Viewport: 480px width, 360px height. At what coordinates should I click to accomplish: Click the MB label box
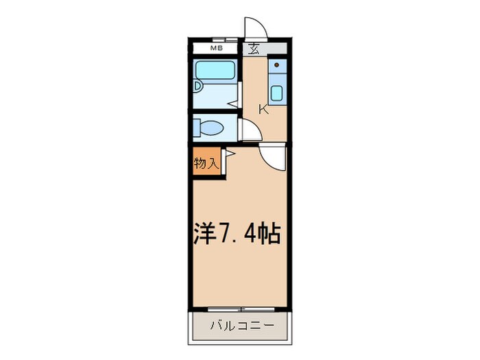pos(216,48)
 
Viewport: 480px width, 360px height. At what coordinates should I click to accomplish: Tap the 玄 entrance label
pos(254,49)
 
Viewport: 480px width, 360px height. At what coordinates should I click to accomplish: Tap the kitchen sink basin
pos(277,93)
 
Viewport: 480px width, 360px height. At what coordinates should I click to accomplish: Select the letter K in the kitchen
pos(263,108)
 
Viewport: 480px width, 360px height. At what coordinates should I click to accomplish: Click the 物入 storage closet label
pos(206,163)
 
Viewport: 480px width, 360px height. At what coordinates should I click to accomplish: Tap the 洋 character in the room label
pos(204,233)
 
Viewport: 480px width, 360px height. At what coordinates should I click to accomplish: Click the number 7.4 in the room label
pos(239,233)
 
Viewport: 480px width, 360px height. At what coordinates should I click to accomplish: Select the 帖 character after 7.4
pos(270,233)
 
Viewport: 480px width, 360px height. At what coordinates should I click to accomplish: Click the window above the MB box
pos(215,40)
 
